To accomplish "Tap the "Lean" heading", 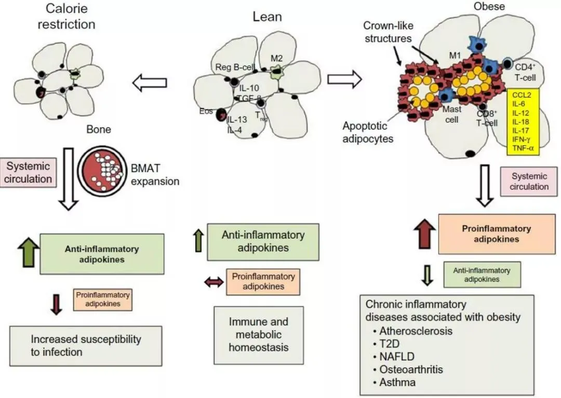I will (267, 17).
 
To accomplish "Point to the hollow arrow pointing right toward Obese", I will (344, 79).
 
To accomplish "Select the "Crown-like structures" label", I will (388, 32).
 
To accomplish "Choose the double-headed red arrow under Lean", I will (213, 282).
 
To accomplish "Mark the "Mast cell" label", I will (452, 114).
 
